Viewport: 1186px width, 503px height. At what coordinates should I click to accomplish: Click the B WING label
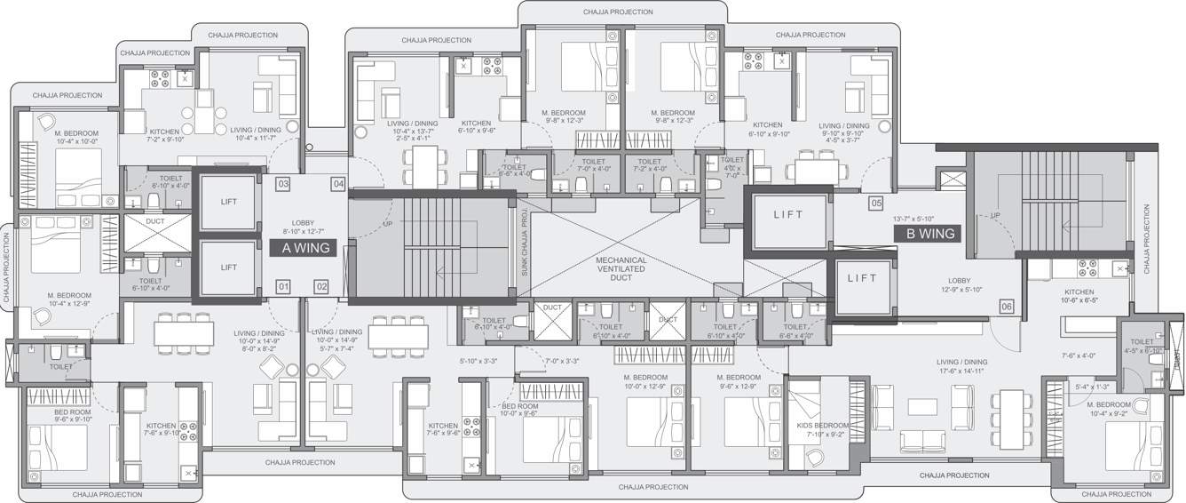click(x=929, y=234)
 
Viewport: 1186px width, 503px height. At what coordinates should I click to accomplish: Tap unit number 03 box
click(x=283, y=184)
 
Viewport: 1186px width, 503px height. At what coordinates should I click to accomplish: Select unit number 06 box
click(x=1006, y=307)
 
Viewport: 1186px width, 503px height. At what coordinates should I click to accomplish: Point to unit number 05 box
click(x=875, y=204)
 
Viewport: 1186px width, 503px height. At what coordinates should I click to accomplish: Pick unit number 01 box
click(x=283, y=286)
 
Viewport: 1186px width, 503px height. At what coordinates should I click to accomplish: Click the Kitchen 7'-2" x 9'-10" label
click(x=164, y=135)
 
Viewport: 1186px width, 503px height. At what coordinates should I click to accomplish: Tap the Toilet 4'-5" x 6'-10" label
click(x=1142, y=345)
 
